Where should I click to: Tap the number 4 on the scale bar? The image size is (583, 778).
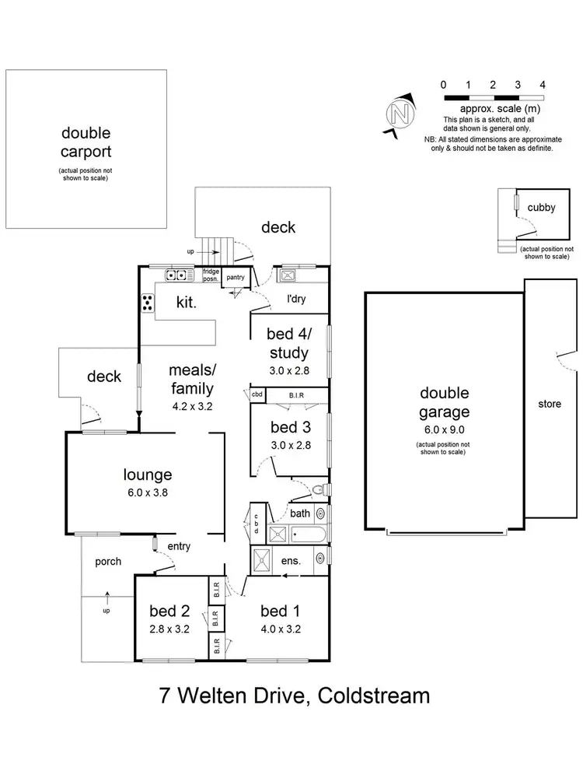(543, 84)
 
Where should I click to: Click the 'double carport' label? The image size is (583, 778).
(86, 142)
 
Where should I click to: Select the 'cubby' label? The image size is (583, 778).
(540, 207)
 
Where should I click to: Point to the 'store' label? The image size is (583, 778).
(549, 404)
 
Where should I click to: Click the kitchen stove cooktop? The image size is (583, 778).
(146, 303)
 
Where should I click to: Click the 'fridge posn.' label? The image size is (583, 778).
(211, 275)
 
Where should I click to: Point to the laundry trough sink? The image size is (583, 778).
(285, 275)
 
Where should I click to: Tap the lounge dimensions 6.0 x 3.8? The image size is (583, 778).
(148, 493)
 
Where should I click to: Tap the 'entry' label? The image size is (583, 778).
(179, 546)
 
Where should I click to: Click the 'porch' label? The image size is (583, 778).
(108, 561)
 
